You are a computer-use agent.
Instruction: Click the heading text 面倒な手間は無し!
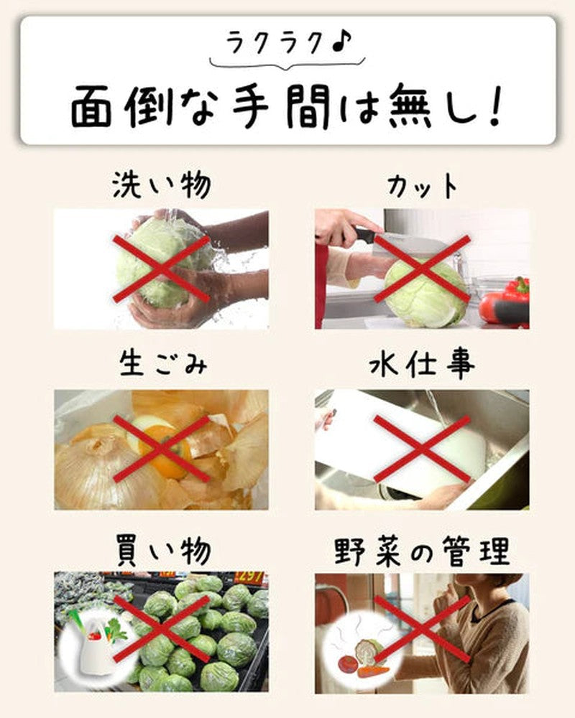286,106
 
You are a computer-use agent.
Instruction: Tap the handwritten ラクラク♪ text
289,43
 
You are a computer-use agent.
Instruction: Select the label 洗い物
162,185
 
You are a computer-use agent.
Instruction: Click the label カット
423,186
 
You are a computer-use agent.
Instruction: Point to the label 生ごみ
162,364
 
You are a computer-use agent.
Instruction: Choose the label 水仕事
422,365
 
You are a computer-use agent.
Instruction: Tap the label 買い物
164,549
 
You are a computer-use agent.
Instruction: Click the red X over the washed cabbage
162,269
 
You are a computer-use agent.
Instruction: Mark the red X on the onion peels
162,449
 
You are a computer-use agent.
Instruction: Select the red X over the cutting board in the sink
423,449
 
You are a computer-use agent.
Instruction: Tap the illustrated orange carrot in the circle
374,672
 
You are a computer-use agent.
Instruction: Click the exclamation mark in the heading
494,106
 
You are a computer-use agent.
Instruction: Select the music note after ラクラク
341,41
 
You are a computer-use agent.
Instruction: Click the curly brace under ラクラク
287,64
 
